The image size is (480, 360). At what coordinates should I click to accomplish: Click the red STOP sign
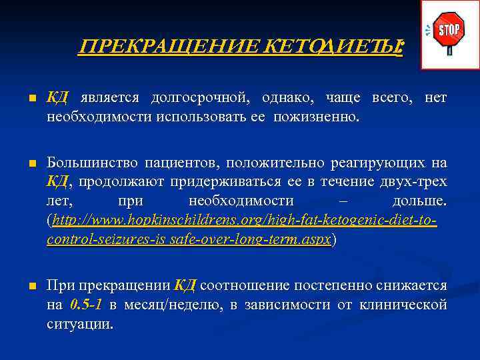[449, 31]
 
